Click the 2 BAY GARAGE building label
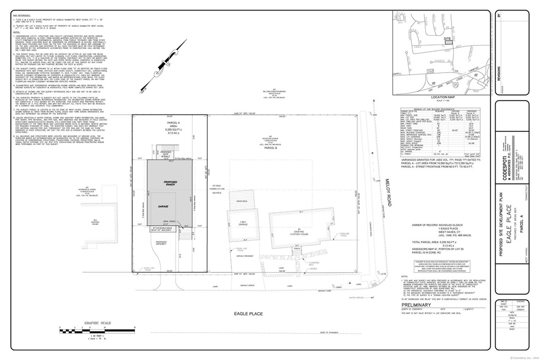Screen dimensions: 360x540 tap(245, 224)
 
